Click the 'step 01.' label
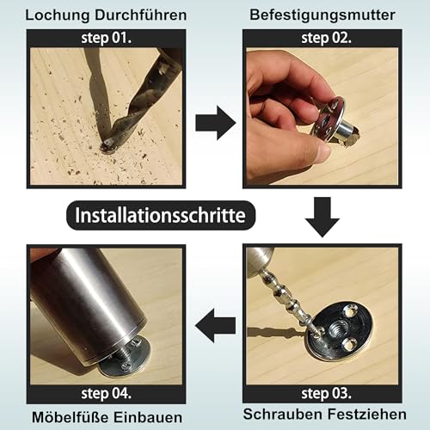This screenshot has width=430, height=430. tap(105, 39)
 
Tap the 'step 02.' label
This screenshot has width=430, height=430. tap(322, 39)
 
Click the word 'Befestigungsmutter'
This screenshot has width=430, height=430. tap(322, 13)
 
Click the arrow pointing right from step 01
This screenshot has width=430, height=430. tap(214, 123)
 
